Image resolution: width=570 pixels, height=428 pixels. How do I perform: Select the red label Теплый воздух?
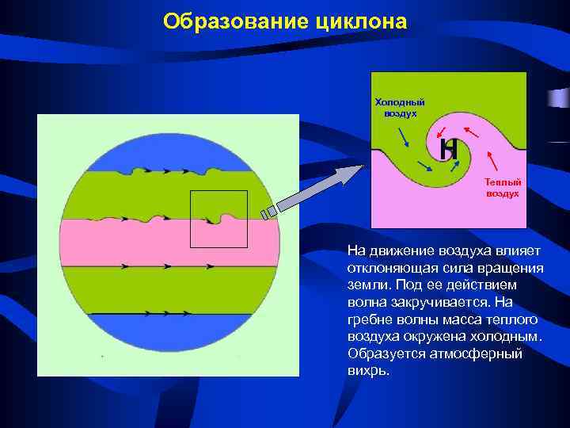(x=502, y=188)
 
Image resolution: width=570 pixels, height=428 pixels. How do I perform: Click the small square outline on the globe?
(x=218, y=219)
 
